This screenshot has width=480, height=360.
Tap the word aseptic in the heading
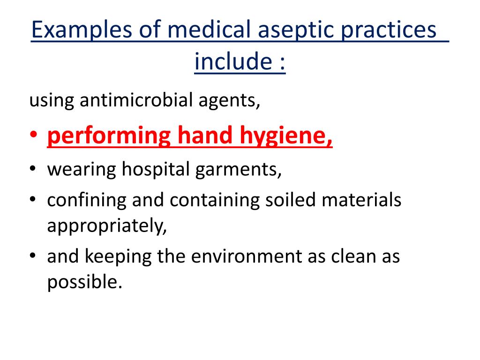point(291,31)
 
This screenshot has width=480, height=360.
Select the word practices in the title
point(391,31)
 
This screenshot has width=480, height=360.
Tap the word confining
point(86,200)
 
